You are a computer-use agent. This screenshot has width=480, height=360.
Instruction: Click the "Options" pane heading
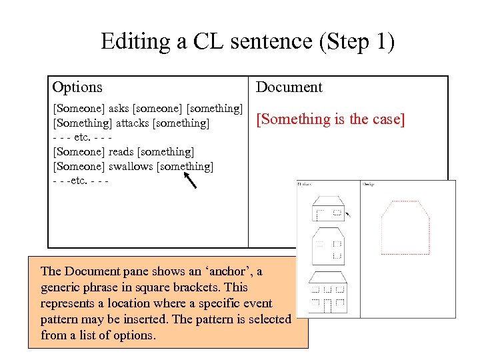point(77,87)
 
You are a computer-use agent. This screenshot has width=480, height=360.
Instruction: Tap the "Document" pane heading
point(289,87)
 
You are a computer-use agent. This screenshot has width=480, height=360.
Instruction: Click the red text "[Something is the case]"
point(331,119)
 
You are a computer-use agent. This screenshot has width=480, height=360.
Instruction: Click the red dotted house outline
point(403,226)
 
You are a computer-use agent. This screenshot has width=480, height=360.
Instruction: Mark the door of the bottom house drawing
point(327,307)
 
